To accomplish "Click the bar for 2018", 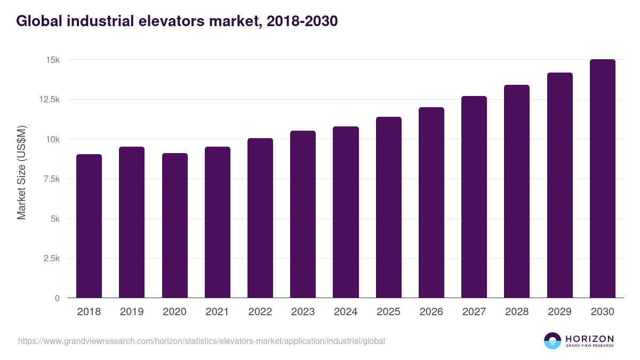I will [x=89, y=226].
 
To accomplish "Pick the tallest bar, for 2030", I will [x=602, y=179].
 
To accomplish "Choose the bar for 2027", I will [x=474, y=197].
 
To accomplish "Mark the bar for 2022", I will [x=260, y=218].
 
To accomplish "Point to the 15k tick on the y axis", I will [x=52, y=60].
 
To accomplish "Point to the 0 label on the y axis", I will [x=57, y=299].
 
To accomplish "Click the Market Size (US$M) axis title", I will [x=21, y=173].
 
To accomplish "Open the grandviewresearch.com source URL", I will [x=201, y=341].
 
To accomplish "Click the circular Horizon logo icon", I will [x=553, y=341].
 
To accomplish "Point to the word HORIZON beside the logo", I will [x=589, y=338].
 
